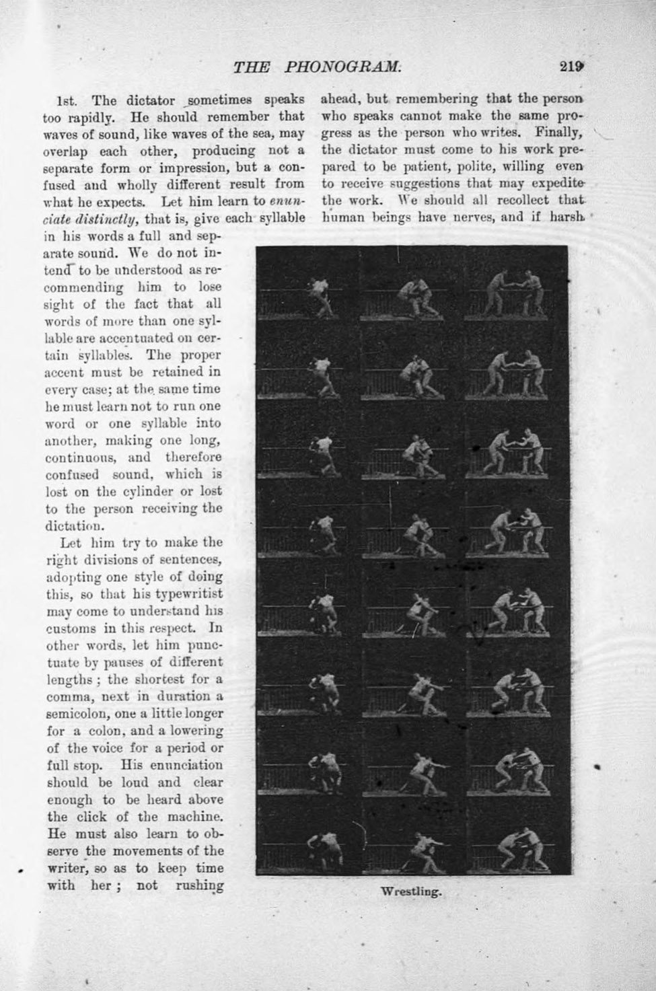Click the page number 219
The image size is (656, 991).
click(x=571, y=67)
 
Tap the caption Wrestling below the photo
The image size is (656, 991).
click(x=410, y=892)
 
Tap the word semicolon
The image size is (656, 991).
click(x=83, y=713)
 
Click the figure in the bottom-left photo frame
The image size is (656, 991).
click(x=324, y=851)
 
